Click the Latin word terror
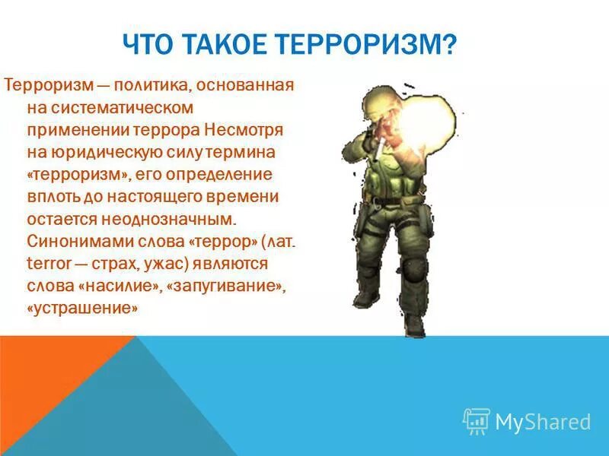click(48, 264)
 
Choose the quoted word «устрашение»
click(83, 309)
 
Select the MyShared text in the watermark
click(543, 422)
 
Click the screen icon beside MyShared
click(477, 420)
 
